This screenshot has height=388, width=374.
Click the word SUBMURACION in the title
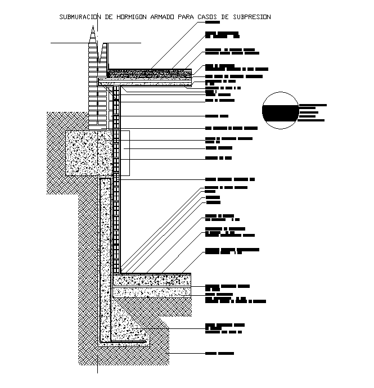click(79, 17)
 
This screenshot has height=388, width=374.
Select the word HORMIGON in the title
click(131, 17)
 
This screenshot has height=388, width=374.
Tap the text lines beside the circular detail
click(313, 112)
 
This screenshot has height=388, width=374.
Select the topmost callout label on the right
click(213, 24)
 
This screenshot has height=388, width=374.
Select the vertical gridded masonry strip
click(116, 180)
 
